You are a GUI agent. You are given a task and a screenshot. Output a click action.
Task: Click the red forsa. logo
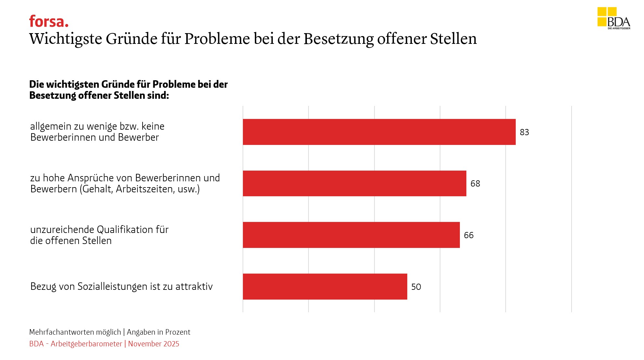coord(49,22)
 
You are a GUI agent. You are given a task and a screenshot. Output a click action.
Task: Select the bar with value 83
coord(379,132)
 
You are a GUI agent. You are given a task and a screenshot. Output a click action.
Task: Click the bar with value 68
coord(354,183)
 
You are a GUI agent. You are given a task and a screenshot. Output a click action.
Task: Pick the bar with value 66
coord(351,235)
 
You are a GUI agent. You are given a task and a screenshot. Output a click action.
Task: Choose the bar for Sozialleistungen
coord(325,287)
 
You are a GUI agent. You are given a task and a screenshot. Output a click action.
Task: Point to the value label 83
coord(524,132)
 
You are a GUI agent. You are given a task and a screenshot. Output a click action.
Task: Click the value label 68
coord(475,184)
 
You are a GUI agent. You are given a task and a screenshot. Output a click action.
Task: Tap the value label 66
coord(469,235)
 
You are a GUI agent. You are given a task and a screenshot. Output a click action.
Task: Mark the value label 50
coord(416,287)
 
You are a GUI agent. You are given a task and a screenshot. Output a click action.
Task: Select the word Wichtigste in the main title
coord(66,39)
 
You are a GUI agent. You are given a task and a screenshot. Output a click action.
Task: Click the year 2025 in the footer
coord(171,344)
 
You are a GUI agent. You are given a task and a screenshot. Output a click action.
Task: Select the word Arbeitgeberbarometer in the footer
coord(86,344)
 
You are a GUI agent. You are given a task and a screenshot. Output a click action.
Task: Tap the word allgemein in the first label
coord(51,126)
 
